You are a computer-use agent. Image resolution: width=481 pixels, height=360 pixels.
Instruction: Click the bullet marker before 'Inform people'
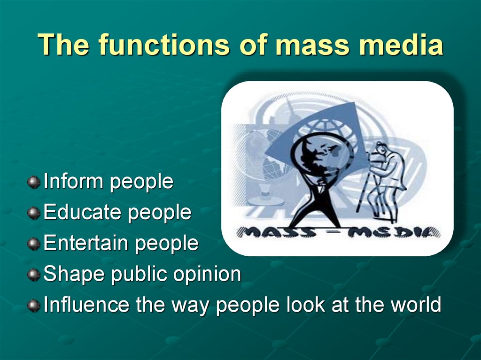(x=33, y=182)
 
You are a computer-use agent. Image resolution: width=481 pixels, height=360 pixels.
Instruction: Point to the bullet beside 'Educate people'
(x=33, y=213)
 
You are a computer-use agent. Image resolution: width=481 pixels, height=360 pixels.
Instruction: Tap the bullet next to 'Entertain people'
(x=33, y=244)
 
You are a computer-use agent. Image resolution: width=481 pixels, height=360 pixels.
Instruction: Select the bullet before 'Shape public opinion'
(x=33, y=275)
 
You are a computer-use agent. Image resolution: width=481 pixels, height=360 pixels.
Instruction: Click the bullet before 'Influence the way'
(x=33, y=306)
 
